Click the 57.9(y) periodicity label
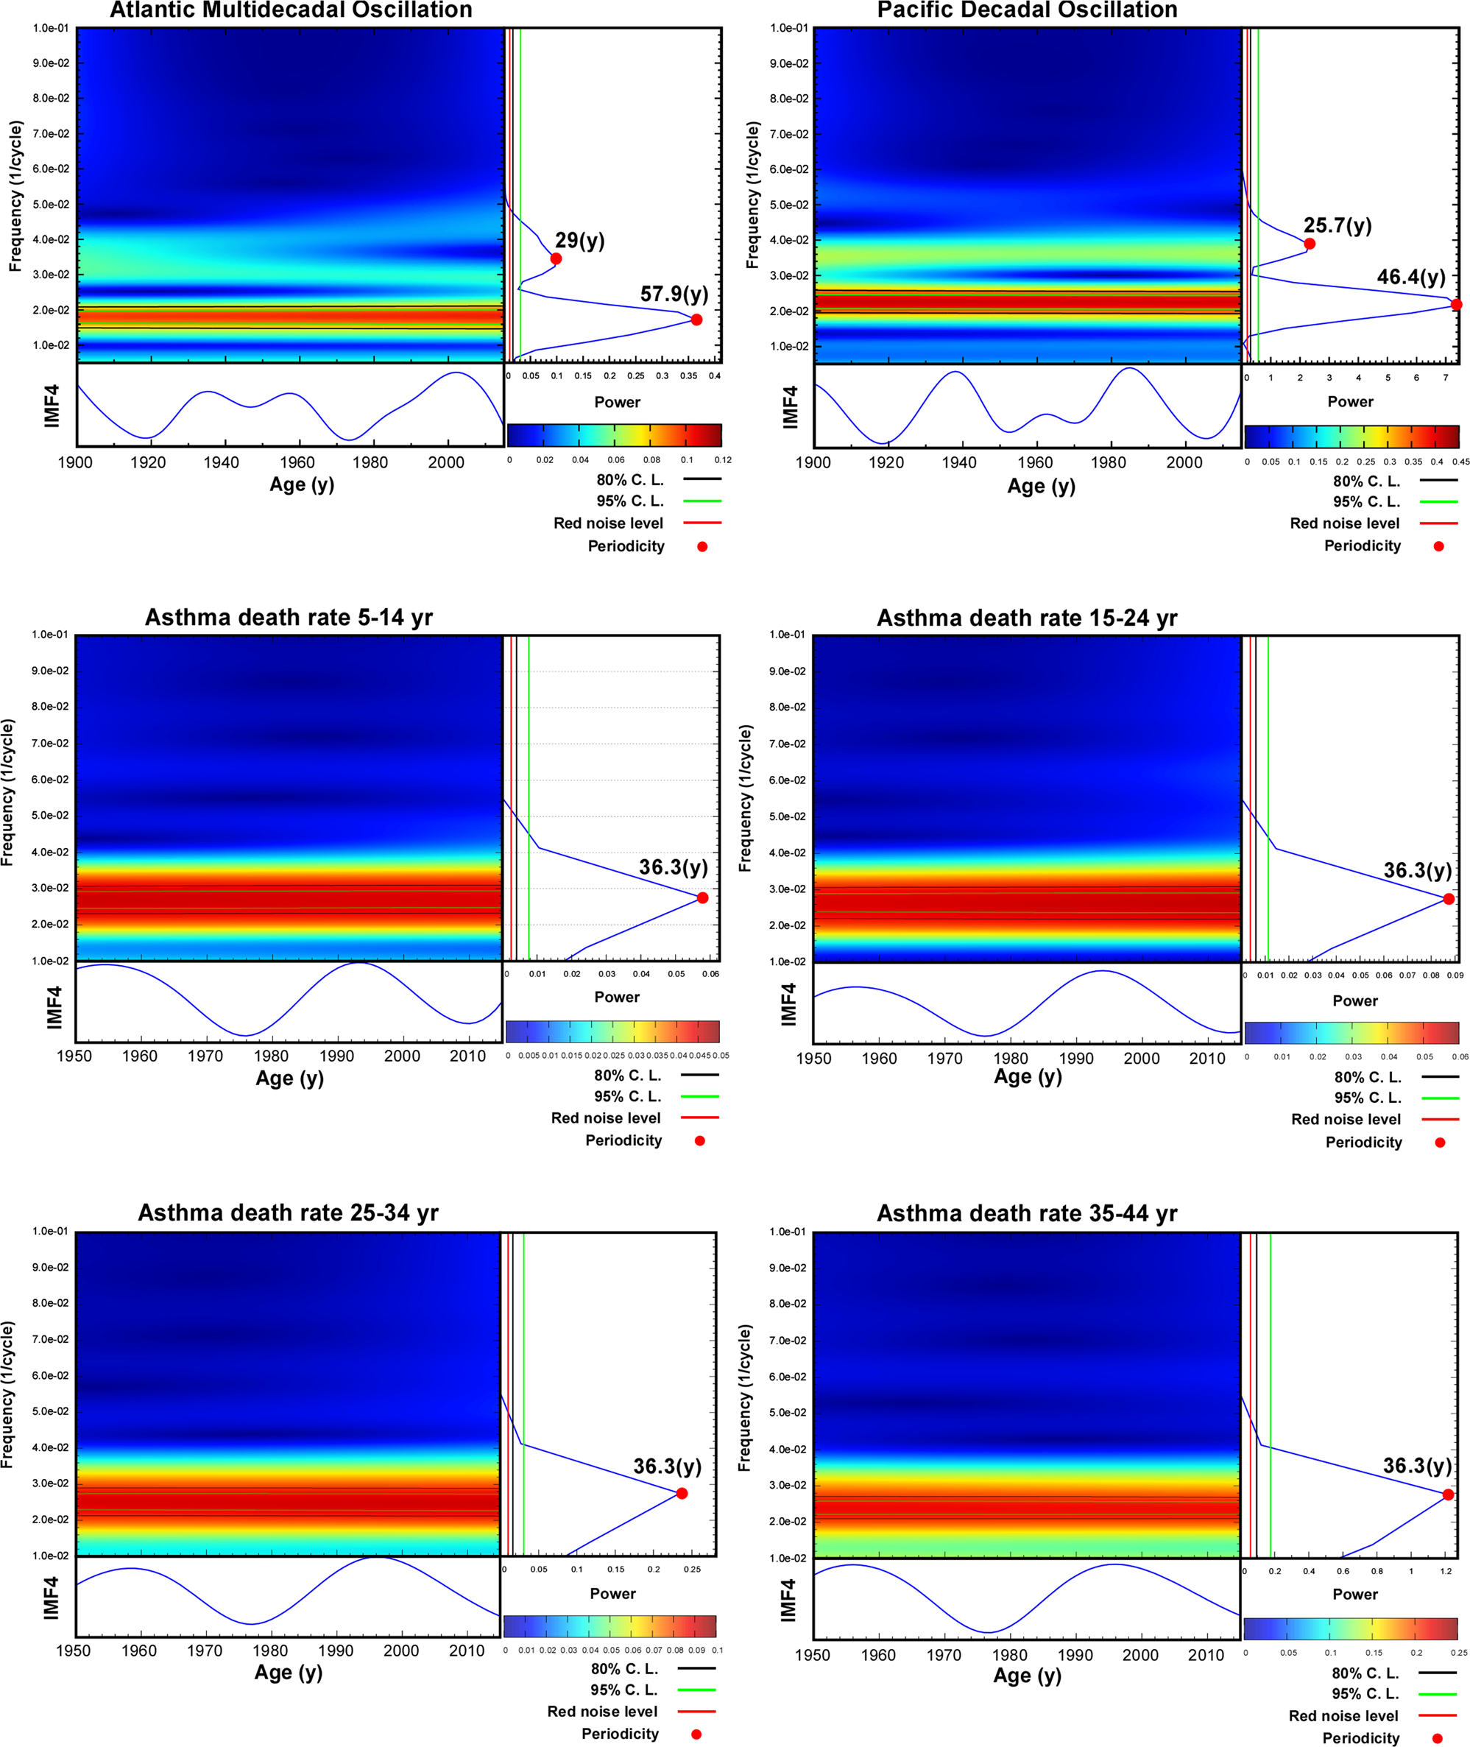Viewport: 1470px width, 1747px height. click(674, 294)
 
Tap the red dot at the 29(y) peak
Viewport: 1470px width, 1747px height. click(556, 258)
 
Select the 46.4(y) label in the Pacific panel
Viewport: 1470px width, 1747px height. click(1411, 277)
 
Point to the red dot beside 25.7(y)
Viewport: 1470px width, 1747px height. click(1310, 244)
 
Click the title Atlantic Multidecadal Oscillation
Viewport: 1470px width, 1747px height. click(291, 11)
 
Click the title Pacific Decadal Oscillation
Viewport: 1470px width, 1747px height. click(1027, 11)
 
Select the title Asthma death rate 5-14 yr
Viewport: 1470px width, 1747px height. click(289, 618)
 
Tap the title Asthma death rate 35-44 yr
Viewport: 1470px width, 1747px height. click(1027, 1213)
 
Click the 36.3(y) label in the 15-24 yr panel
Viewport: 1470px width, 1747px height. click(1418, 870)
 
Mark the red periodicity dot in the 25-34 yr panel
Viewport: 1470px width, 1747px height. click(682, 1493)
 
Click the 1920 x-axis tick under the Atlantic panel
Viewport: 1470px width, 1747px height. click(149, 462)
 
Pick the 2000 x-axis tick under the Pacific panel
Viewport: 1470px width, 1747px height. click(1184, 462)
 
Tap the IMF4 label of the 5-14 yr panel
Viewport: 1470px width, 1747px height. click(54, 1007)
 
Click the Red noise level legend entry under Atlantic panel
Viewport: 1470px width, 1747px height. click(608, 523)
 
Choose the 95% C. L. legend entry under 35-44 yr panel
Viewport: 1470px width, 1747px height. click(1365, 1694)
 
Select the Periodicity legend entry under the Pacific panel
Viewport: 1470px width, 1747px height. click(1363, 546)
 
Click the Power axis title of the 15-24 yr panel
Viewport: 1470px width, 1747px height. click(1354, 1000)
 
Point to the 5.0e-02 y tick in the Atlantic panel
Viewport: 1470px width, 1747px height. click(51, 204)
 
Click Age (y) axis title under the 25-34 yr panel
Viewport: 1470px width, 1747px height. click(289, 1672)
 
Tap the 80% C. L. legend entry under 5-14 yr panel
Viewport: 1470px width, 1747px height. click(626, 1075)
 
